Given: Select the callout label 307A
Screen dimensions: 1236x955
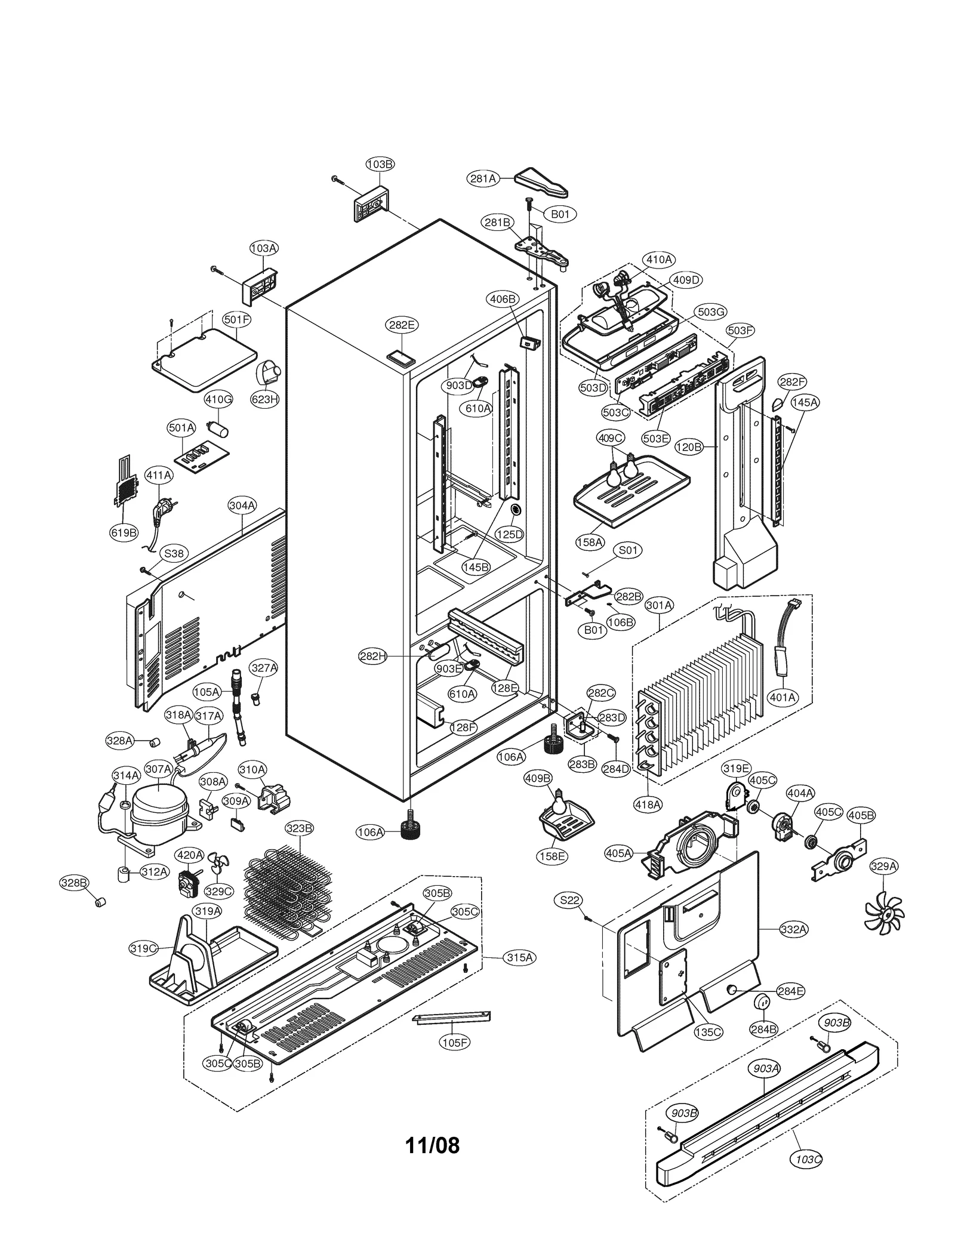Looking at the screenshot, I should [x=158, y=769].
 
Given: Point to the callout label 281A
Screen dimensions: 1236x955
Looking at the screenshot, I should [x=483, y=178].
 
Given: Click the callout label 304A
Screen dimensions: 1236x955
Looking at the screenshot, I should [x=242, y=506].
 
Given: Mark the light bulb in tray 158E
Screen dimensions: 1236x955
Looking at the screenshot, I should [x=559, y=803].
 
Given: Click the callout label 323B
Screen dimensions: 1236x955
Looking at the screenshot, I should [x=298, y=828].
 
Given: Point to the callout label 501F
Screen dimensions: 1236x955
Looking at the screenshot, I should [x=236, y=319].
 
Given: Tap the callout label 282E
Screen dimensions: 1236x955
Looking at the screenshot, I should [x=401, y=325].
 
